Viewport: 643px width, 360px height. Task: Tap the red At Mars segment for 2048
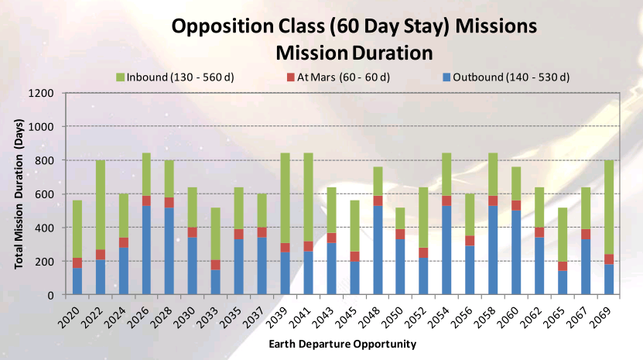(378, 201)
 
